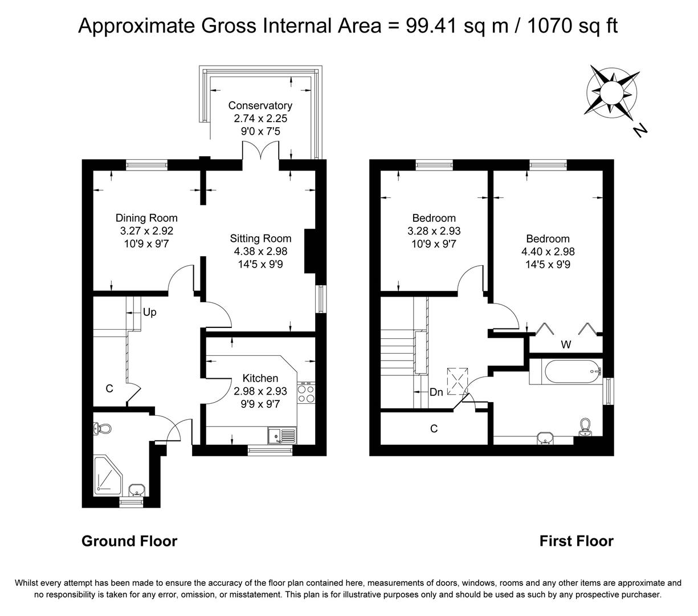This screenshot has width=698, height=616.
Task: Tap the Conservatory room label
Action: [x=260, y=106]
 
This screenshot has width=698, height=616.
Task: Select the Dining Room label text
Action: [x=146, y=218]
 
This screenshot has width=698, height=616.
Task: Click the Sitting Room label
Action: [x=260, y=238]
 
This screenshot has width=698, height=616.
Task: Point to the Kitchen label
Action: [x=260, y=378]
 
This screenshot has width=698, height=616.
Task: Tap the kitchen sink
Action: [x=281, y=436]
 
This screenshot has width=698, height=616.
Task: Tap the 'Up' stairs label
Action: [x=150, y=313]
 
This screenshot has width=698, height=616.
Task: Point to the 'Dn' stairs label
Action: [x=436, y=392]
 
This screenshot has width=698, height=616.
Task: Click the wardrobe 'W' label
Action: [x=566, y=345]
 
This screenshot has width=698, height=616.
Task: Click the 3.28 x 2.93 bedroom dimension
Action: [x=434, y=231]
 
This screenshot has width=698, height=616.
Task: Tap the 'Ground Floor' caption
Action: [x=129, y=541]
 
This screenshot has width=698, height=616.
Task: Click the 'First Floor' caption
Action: [x=576, y=541]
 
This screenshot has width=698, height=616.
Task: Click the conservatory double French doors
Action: [x=261, y=151]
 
